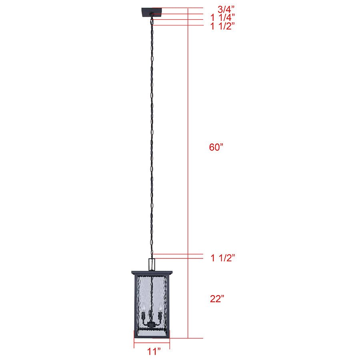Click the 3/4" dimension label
tap(226, 9)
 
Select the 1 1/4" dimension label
tap(222, 17)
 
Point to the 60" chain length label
tap(216, 147)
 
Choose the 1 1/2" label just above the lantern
tap(222, 257)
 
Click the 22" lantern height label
tap(217, 298)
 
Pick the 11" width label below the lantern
tap(154, 352)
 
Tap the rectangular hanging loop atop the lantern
tap(152, 264)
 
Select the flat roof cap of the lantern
tap(152, 273)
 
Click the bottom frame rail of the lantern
tap(152, 336)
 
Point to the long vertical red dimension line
tap(188, 160)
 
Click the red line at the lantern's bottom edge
tap(188, 338)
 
